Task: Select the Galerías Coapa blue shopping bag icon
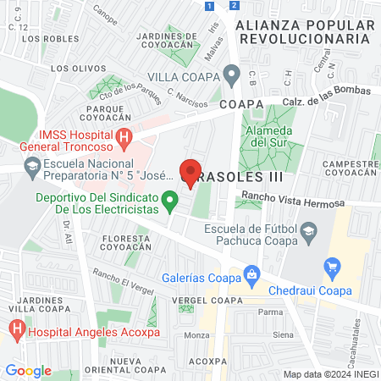[x=251, y=273]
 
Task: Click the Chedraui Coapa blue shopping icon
[x=332, y=268]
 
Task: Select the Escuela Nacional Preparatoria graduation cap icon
[x=32, y=166]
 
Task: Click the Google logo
[x=29, y=370]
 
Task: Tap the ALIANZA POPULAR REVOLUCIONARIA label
[x=304, y=31]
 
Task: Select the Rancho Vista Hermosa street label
[x=292, y=201]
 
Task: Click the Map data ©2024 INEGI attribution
[x=329, y=373]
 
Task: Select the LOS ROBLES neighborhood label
[x=45, y=39]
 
